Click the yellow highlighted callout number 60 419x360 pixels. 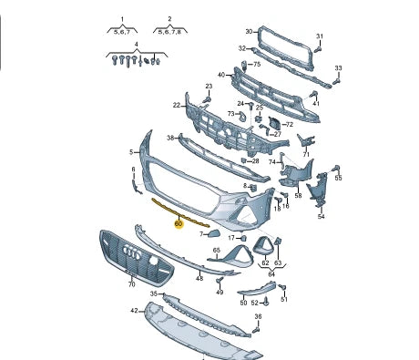click(179, 224)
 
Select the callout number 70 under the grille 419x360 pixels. click(131, 284)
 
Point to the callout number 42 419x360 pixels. click(134, 311)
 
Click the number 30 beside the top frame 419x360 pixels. click(249, 31)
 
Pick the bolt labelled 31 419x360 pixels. click(318, 49)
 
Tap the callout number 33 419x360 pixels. click(338, 68)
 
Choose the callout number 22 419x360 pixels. click(177, 106)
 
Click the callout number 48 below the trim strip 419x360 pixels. click(199, 278)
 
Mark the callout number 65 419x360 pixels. click(217, 250)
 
